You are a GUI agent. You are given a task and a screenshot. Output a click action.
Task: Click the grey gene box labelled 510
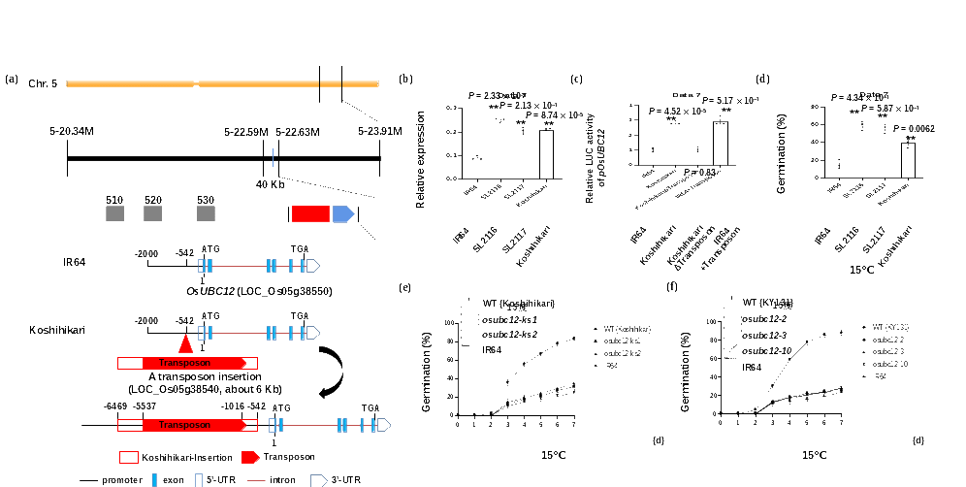115,212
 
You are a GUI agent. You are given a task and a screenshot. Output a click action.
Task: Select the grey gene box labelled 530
206,212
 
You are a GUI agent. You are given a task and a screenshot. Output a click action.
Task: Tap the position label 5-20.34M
68,132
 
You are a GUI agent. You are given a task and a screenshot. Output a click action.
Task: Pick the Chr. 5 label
43,84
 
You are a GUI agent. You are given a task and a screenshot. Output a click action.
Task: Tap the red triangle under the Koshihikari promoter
185,344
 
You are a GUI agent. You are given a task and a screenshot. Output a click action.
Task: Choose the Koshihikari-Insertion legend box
128,456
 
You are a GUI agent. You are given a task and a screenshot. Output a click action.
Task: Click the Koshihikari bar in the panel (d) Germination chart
909,160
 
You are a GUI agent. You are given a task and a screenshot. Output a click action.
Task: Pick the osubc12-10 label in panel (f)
766,351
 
